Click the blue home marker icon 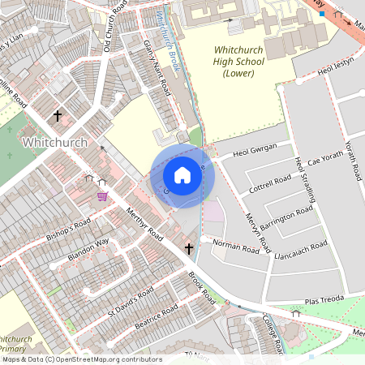(182, 175)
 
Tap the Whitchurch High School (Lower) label (234, 62)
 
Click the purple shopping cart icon (102, 195)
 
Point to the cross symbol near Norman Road (189, 248)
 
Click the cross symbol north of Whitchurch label (58, 117)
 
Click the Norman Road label (236, 247)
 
